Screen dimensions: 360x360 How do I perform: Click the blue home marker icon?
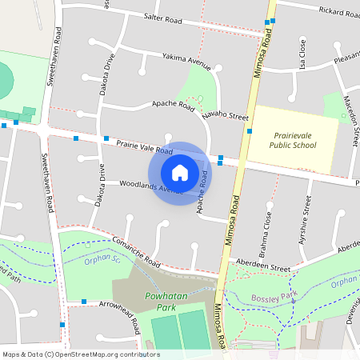(x=180, y=172)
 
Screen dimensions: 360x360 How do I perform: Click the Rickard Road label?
(x=338, y=11)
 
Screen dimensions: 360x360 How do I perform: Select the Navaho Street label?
(x=225, y=116)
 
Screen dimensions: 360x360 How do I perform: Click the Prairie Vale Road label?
(x=144, y=146)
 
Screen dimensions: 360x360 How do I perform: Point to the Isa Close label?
(x=302, y=56)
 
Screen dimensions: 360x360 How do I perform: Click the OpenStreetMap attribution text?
(x=81, y=354)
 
